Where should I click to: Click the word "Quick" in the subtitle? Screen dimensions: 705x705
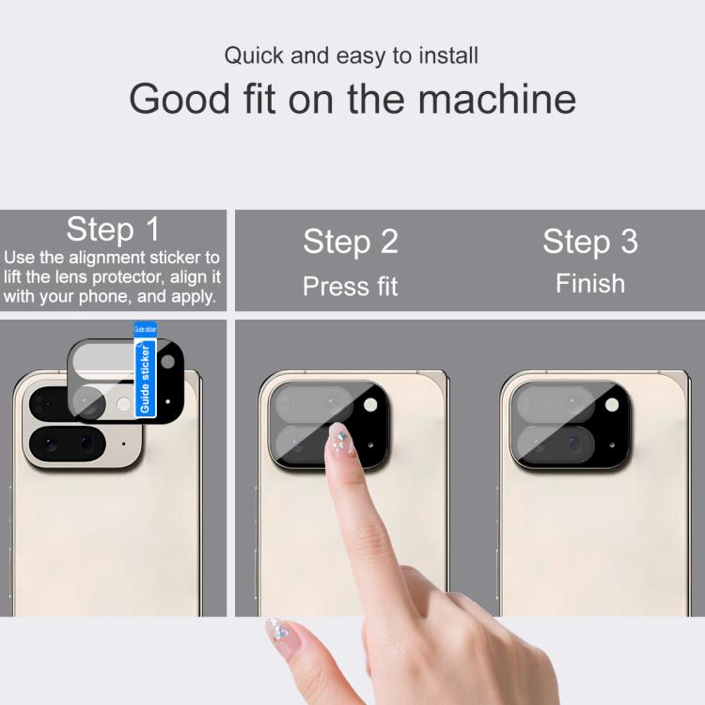click(x=254, y=55)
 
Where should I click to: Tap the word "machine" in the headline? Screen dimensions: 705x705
click(x=497, y=99)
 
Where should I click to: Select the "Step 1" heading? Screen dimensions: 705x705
click(x=113, y=229)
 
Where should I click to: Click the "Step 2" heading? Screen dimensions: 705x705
click(x=351, y=242)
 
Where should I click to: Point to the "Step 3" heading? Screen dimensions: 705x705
click(x=590, y=242)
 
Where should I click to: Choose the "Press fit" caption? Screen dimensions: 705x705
click(x=351, y=286)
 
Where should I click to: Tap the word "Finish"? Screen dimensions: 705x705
click(x=590, y=284)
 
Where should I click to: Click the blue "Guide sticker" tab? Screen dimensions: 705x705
click(x=145, y=369)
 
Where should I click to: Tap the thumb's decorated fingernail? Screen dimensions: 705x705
click(x=280, y=631)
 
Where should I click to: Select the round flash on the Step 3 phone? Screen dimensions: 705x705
click(x=612, y=404)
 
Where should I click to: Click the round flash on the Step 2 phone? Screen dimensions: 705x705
click(x=370, y=404)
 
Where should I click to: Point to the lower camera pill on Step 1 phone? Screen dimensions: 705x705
click(x=68, y=444)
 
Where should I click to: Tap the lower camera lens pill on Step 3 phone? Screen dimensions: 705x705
click(x=556, y=444)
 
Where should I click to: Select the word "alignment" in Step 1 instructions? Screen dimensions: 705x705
click(x=107, y=258)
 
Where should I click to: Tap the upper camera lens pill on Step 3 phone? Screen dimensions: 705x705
click(x=556, y=404)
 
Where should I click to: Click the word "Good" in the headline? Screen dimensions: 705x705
click(x=180, y=99)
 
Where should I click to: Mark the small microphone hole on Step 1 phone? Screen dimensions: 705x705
click(x=124, y=444)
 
